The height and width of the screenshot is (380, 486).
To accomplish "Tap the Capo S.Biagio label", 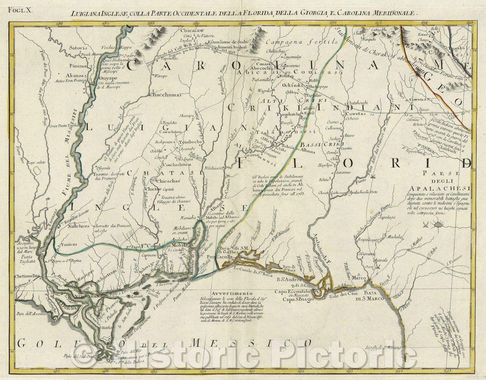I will pyautogui.click(x=297, y=299).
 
